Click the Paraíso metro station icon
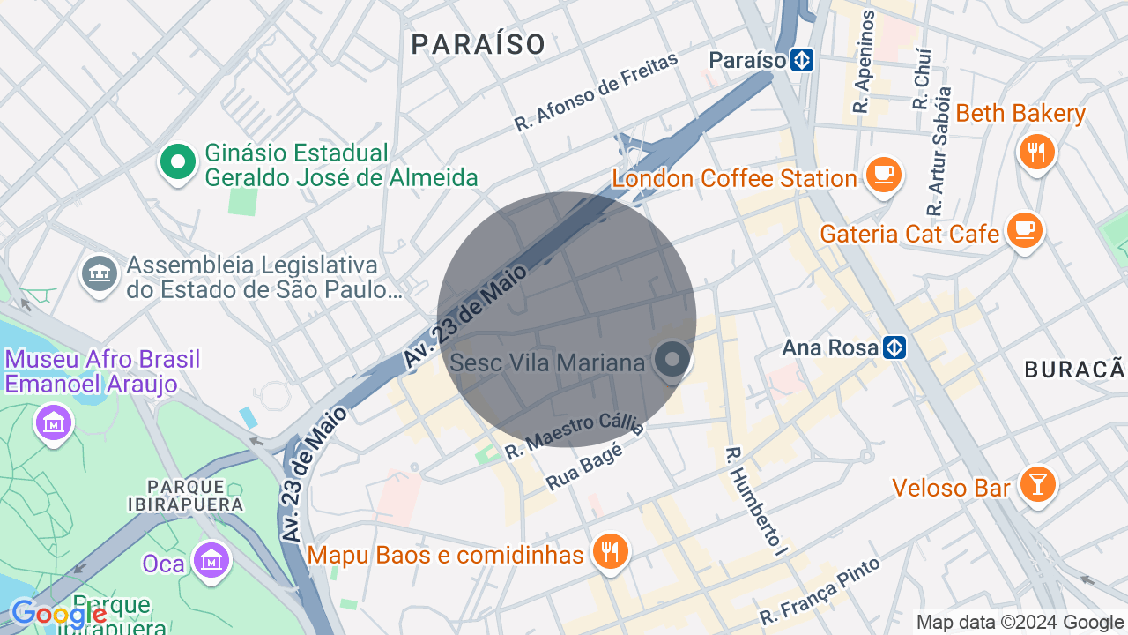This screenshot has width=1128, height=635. [x=801, y=60]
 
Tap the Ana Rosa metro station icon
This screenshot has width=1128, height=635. [x=894, y=347]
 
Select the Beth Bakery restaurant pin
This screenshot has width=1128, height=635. [x=1036, y=153]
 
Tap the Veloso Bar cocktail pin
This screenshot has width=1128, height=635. [x=1037, y=484]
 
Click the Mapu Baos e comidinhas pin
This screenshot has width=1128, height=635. [x=609, y=552]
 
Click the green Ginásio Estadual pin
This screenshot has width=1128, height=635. [x=178, y=162]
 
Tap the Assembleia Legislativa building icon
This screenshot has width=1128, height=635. [x=100, y=274]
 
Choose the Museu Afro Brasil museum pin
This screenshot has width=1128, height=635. [x=54, y=422]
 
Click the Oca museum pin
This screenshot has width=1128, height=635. [x=211, y=559]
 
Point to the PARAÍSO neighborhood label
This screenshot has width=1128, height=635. [x=479, y=44]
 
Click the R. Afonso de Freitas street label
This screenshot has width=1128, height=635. [x=597, y=91]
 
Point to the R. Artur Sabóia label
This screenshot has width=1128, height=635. [x=939, y=152]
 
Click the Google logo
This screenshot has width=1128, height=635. [x=58, y=613]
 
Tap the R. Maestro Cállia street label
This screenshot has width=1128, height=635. [x=575, y=436]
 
